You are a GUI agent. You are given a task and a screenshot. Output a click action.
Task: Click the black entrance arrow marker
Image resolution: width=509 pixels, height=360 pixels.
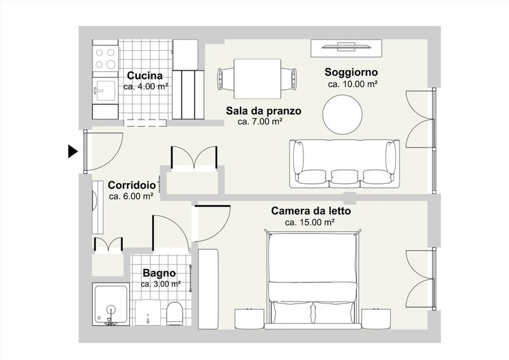(73, 151)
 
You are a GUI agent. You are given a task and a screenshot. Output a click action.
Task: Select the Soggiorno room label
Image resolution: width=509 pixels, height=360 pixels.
(352, 71)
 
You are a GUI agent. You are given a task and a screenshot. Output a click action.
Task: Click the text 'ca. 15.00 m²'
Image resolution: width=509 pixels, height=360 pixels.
(310, 223)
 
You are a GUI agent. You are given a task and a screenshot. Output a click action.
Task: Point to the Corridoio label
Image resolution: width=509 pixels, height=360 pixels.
(130, 185)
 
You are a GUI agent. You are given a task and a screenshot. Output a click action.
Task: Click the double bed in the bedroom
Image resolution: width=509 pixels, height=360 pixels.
(314, 280)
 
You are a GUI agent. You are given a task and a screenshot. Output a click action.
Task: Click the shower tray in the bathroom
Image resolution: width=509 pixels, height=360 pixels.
(111, 304)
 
